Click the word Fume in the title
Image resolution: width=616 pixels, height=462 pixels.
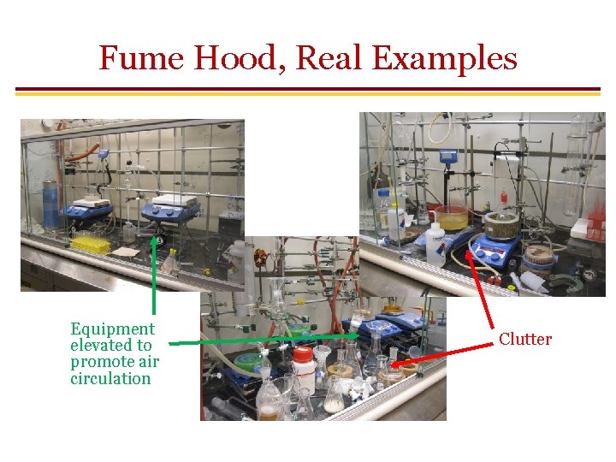click(139, 59)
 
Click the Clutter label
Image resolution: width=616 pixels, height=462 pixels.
click(525, 340)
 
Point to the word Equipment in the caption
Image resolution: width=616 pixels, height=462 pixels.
click(112, 329)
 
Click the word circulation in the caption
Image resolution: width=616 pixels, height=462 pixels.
click(110, 378)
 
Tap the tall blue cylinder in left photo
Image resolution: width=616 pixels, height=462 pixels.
click(50, 204)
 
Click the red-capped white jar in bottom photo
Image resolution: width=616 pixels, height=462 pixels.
click(303, 368)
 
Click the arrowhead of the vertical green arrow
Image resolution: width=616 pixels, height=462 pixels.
click(154, 240)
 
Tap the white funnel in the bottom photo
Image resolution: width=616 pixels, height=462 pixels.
click(322, 354)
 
